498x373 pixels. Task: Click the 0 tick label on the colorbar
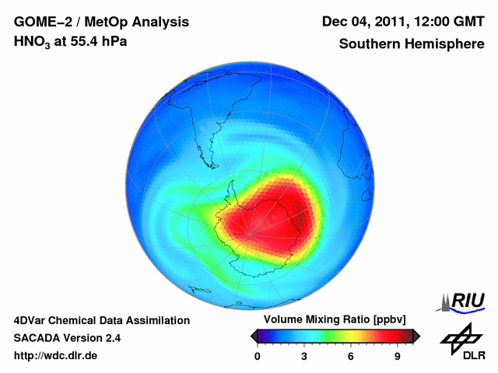tap(258, 357)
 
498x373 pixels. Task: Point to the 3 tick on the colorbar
tap(304, 357)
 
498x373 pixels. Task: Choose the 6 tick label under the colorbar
tap(351, 357)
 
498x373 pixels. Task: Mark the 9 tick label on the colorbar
tap(397, 357)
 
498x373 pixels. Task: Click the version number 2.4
tap(111, 338)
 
